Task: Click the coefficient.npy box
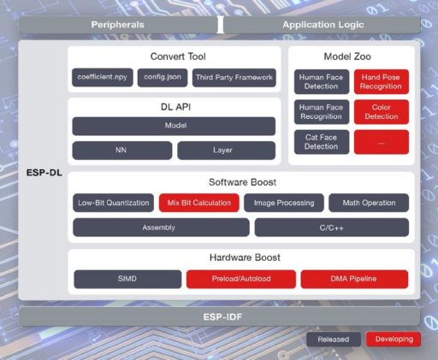click(x=103, y=77)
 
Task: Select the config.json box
click(x=163, y=77)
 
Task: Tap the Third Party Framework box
click(x=234, y=78)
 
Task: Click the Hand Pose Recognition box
click(x=382, y=81)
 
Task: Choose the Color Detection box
click(x=382, y=112)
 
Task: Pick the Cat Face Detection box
click(x=322, y=142)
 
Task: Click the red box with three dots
click(x=382, y=142)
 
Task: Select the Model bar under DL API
click(x=174, y=126)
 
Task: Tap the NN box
click(x=122, y=150)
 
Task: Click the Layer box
click(x=227, y=150)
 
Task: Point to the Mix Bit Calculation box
click(x=199, y=203)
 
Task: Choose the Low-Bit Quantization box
click(x=113, y=203)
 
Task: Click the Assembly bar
click(x=161, y=227)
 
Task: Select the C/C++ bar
click(x=332, y=227)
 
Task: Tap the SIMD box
click(x=127, y=279)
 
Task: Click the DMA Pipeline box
click(x=354, y=279)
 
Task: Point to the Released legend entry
click(x=334, y=339)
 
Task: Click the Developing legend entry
click(x=394, y=339)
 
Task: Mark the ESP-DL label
click(x=44, y=173)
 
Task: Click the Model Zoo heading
click(x=347, y=56)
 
